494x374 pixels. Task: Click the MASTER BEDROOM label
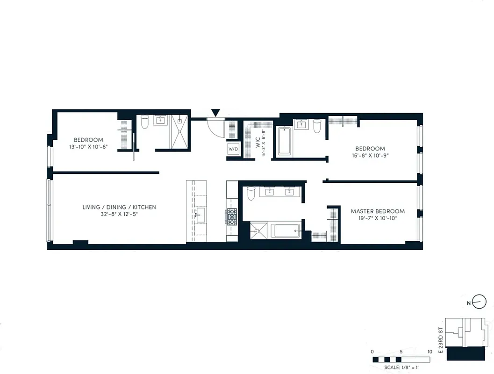point(378,211)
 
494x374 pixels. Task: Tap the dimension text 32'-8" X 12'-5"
point(119,214)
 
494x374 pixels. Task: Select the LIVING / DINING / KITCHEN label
point(119,207)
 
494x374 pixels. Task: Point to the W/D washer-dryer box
point(233,149)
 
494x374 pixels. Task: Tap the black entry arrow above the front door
point(215,112)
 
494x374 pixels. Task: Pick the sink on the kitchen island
point(200,216)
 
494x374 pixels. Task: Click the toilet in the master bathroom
point(251,193)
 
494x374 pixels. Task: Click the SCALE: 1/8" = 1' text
point(401,368)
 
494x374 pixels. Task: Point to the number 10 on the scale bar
point(429,352)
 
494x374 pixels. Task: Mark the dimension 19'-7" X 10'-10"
point(378,218)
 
